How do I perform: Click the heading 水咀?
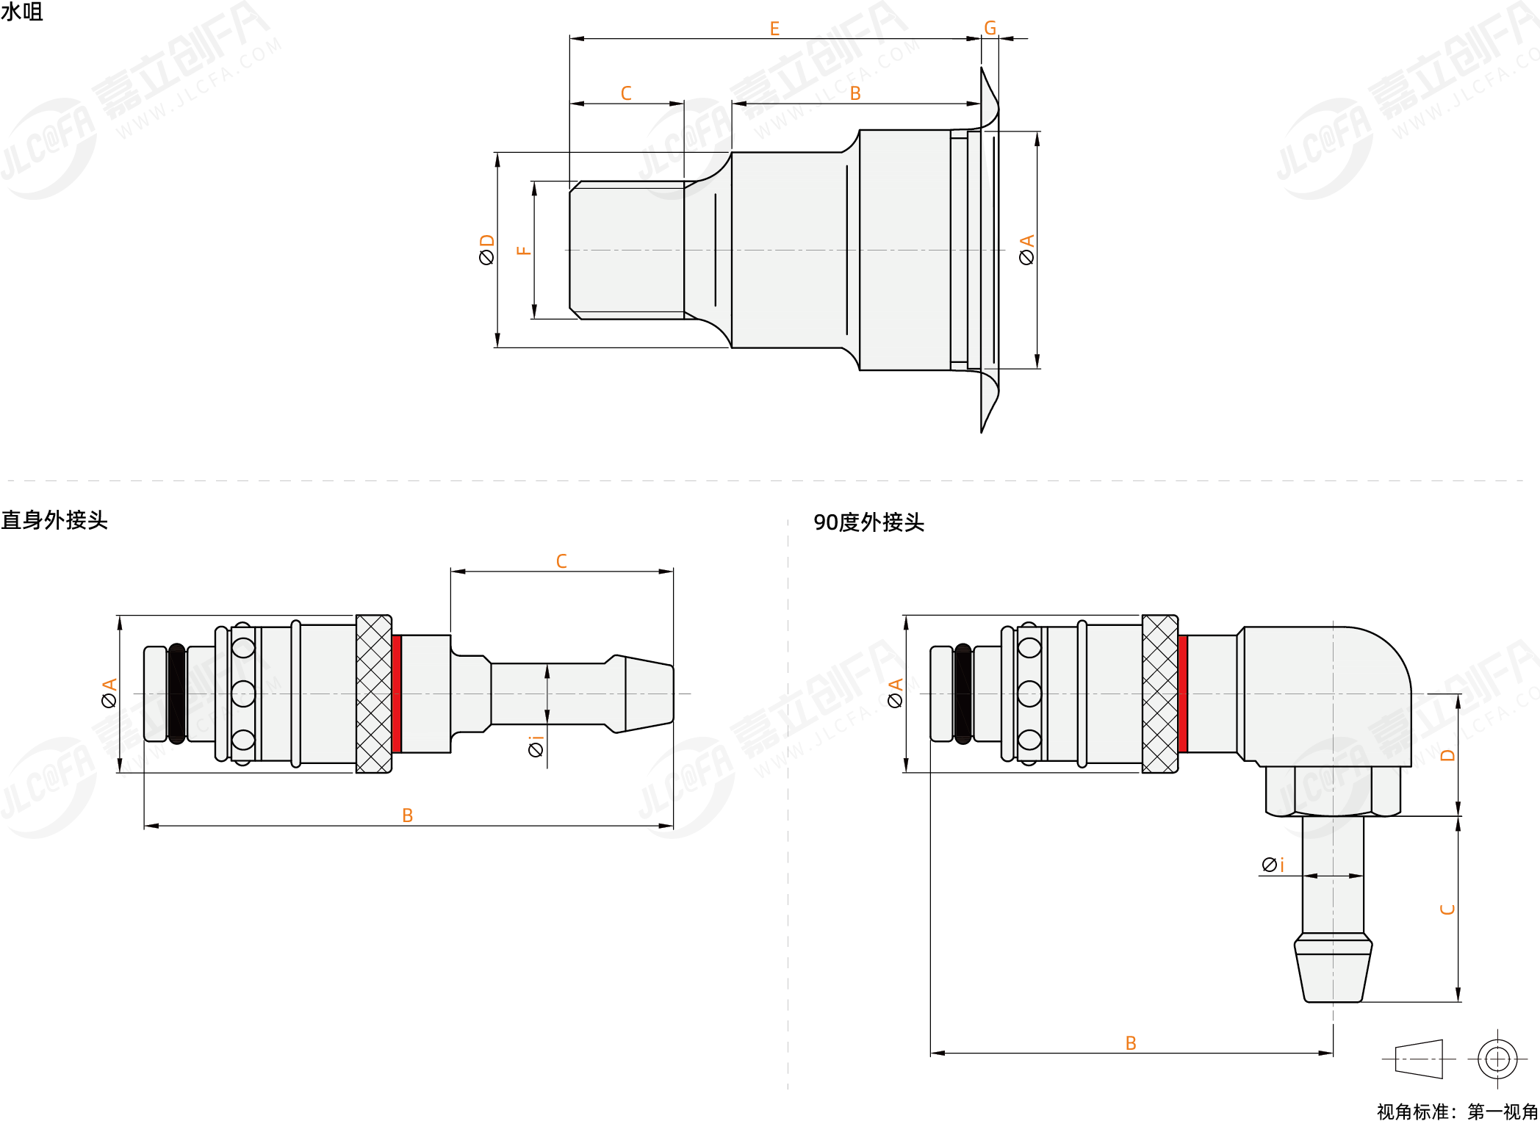coord(22,12)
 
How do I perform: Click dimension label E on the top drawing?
coord(774,29)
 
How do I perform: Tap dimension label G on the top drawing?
coord(990,28)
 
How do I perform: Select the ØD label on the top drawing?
coord(486,250)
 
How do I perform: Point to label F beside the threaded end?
coord(523,251)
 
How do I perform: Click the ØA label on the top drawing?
coord(1026,250)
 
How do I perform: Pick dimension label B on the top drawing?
coord(855,93)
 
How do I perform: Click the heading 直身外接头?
coord(54,520)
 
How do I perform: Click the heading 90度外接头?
coord(868,522)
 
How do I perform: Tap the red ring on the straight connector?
coord(397,694)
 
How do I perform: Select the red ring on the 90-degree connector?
coord(1183,694)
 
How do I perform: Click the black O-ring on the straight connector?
coord(176,694)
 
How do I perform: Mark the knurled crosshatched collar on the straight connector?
coord(374,694)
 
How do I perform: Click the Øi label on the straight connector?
coord(536,746)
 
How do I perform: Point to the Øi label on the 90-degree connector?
coord(1273,865)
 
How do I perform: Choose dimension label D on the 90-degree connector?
coord(1447,755)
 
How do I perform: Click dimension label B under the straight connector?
coord(408,815)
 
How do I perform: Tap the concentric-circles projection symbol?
coord(1497,1059)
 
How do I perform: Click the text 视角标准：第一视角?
coord(1457,1112)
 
